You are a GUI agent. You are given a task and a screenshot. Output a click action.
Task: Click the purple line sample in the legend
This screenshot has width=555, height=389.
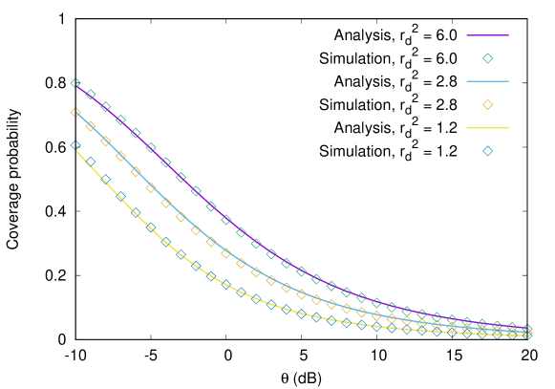[x=487, y=35]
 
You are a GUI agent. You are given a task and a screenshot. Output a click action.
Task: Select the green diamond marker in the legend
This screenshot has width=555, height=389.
[x=487, y=58]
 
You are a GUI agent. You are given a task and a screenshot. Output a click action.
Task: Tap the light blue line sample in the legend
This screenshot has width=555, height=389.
[x=487, y=81]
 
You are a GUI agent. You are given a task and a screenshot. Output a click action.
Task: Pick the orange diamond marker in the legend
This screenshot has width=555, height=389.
[x=487, y=104]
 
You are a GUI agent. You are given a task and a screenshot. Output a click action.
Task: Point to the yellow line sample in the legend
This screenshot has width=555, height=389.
[x=487, y=127]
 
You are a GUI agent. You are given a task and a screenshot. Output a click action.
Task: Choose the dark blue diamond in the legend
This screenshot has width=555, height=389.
[x=487, y=150]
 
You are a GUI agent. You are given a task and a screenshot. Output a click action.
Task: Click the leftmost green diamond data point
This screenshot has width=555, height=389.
[x=75, y=83]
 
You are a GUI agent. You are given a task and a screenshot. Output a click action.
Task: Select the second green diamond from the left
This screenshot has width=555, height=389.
[x=91, y=95]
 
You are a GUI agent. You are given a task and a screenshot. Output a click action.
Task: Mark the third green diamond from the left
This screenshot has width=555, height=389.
[x=106, y=107]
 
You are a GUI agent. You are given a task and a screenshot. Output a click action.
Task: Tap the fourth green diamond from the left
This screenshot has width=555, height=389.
[x=120, y=119]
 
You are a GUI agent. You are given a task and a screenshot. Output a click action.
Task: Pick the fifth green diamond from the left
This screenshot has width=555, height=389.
[x=136, y=133]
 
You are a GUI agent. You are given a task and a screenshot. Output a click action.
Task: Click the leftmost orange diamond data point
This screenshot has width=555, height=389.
[x=75, y=113]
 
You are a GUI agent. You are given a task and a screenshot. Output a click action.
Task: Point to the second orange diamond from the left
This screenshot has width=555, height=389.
[x=91, y=126]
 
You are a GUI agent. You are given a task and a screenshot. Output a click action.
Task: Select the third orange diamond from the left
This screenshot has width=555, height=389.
[x=106, y=141]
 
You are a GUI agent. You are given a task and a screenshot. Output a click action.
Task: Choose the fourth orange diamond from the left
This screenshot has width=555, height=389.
[x=120, y=156]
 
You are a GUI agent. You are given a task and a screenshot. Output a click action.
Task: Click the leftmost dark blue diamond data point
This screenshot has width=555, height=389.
[x=75, y=146]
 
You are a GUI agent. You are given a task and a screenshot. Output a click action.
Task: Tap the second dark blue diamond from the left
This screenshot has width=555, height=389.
[x=91, y=162]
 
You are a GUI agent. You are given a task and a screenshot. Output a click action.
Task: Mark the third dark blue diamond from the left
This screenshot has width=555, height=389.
[x=106, y=179]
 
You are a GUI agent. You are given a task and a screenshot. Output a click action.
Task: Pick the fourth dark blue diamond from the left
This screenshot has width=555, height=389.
[x=120, y=196]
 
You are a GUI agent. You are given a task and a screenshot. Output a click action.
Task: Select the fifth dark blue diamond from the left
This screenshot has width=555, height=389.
[x=136, y=212]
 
